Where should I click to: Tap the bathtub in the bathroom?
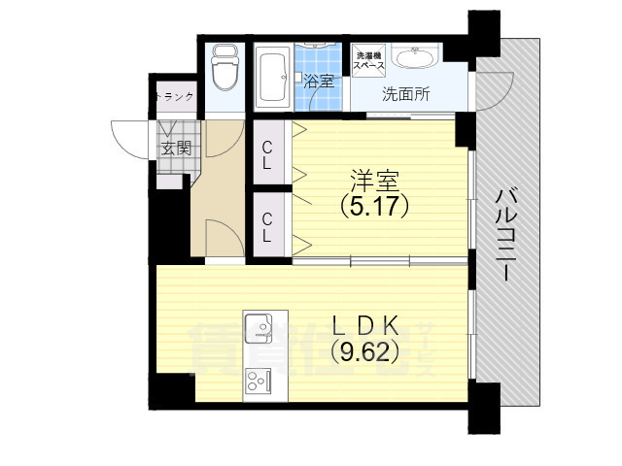tap(272, 78)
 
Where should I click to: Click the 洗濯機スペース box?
tap(369, 60)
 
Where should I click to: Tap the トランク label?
tap(177, 96)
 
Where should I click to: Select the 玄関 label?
tap(176, 149)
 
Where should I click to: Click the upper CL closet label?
tap(267, 155)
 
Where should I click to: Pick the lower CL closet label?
tap(267, 226)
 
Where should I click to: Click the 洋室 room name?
tap(374, 180)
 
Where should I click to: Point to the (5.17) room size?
tap(374, 206)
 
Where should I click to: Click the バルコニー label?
tap(505, 233)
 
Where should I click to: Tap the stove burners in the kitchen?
tap(259, 381)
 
